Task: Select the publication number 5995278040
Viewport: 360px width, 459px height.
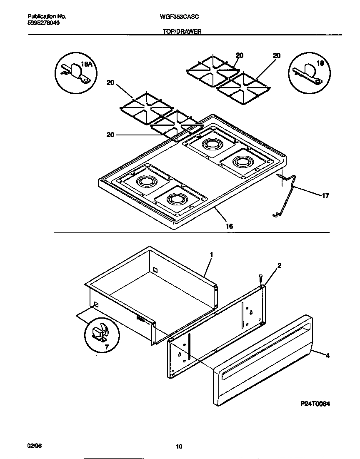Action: coord(43,23)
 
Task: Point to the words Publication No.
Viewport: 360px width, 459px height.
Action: coord(47,16)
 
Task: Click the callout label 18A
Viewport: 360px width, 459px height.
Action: coord(86,64)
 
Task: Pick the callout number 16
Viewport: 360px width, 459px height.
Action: coord(229,226)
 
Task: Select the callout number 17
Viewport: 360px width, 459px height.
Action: coord(325,196)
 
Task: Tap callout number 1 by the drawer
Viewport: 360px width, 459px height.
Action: coord(212,254)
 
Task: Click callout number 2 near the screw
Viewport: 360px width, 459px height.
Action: coord(279,265)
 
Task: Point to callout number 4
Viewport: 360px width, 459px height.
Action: coord(327,355)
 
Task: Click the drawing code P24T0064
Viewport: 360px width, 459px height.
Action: coord(315,404)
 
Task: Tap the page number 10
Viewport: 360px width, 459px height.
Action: coord(179,447)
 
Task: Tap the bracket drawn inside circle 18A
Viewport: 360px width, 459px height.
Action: coord(75,72)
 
